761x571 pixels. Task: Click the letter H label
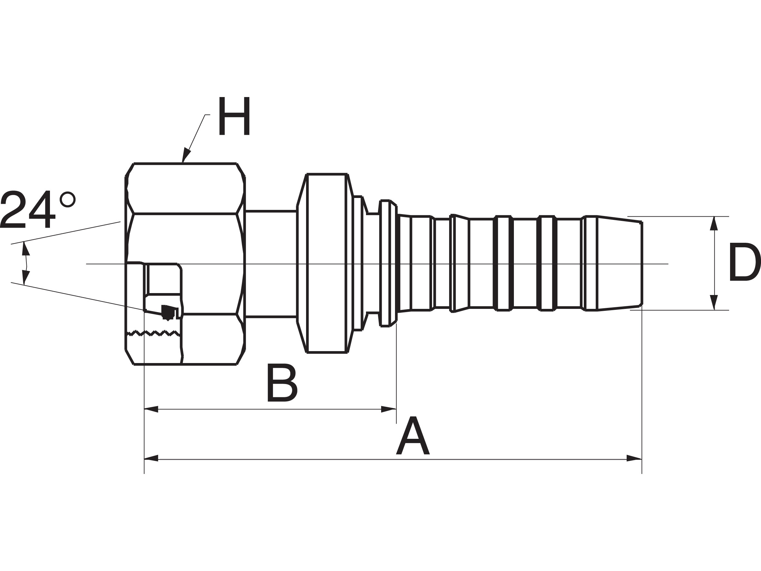[x=234, y=116]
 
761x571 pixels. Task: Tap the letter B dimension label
[x=282, y=382]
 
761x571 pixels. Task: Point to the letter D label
[x=745, y=262]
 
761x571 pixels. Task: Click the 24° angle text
[x=38, y=209]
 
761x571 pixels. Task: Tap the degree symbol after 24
[x=67, y=199]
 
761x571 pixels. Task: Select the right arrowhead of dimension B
[x=389, y=409]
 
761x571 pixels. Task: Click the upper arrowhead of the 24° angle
[x=25, y=249]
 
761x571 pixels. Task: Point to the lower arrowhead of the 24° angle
[x=25, y=277]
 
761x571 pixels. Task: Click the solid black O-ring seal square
[x=168, y=312]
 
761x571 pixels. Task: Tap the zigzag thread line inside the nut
[x=153, y=333]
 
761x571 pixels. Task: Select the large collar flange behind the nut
[x=326, y=263]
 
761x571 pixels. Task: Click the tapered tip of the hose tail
[x=620, y=263]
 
